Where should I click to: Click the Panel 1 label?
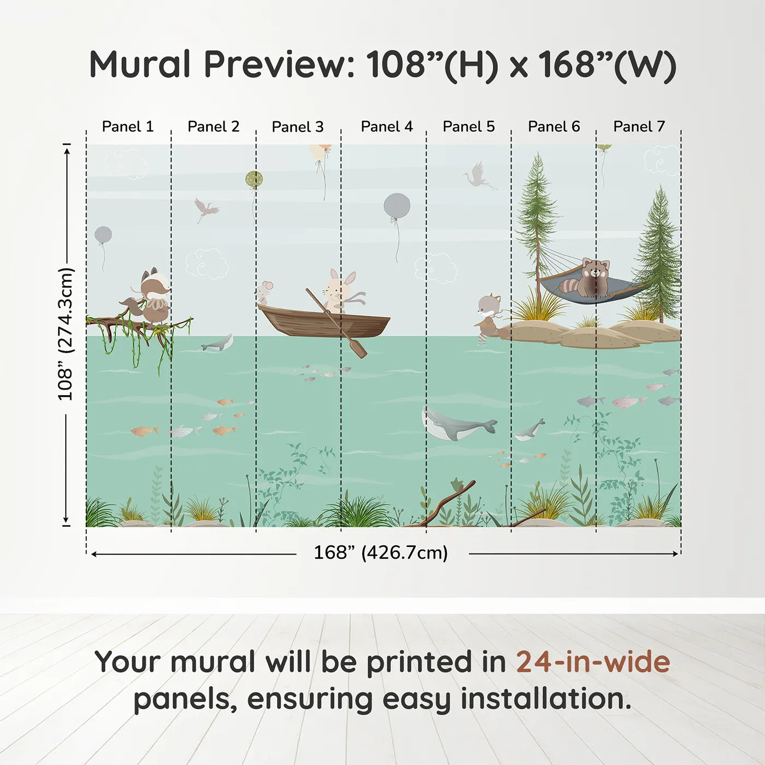(128, 127)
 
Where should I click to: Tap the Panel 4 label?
(386, 127)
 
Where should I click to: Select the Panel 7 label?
(639, 127)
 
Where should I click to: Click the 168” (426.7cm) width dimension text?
(380, 553)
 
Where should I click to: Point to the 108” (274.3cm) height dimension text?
(66, 334)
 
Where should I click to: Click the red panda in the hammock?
(594, 277)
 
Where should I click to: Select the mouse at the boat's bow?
(264, 292)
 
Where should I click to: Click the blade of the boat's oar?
(358, 348)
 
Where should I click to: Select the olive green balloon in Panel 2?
(254, 179)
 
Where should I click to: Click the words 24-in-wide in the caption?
(593, 662)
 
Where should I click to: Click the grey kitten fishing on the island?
(487, 315)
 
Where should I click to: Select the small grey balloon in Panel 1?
(103, 235)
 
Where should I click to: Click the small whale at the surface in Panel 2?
(219, 343)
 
